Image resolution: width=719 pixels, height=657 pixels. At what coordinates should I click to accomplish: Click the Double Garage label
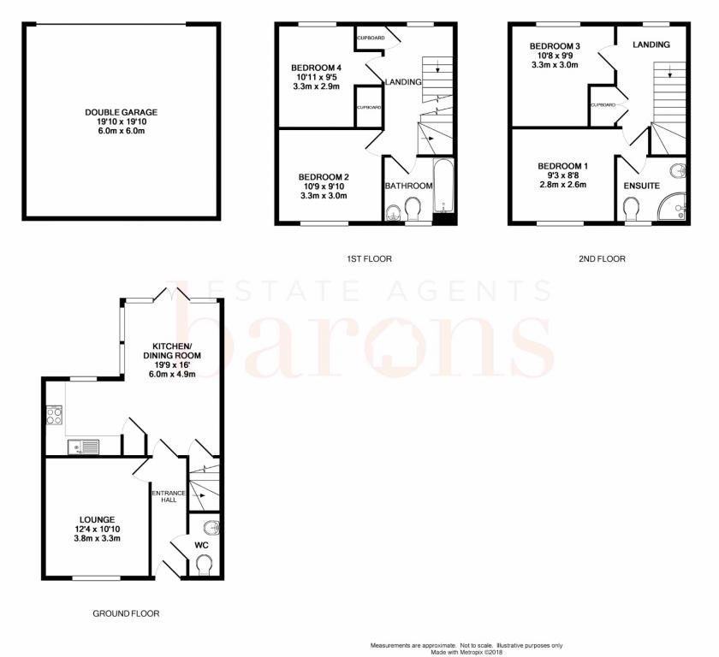coord(121,112)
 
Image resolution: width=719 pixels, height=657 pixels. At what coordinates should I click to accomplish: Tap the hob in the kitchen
coord(55,415)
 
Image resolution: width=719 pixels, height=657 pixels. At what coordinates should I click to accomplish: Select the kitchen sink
coord(84,447)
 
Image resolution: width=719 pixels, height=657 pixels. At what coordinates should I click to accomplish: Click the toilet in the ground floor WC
coord(204,565)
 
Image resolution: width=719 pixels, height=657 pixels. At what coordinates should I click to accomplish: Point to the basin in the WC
coord(211,528)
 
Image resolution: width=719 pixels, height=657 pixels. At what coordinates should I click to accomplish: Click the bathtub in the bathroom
coord(443,186)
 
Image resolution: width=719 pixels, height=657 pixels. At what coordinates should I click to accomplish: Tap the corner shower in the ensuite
coord(672,204)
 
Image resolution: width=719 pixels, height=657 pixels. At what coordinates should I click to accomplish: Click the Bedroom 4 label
coord(317,68)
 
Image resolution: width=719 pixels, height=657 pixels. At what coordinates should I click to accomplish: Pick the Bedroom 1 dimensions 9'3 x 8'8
coord(562,175)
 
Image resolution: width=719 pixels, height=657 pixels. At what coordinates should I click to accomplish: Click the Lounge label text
coord(98,519)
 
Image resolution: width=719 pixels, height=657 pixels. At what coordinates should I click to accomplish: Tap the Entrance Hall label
coord(169,496)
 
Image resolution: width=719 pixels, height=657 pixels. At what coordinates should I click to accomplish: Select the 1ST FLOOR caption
coord(369,259)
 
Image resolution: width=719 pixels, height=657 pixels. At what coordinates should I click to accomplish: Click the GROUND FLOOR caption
coord(126,613)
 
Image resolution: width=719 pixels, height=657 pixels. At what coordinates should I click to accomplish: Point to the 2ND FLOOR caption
coord(602,259)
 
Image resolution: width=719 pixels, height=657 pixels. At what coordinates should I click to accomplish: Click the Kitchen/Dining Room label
coord(172,351)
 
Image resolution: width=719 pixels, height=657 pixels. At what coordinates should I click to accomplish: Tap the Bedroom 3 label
coord(555,46)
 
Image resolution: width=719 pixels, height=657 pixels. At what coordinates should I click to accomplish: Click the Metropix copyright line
coord(466,652)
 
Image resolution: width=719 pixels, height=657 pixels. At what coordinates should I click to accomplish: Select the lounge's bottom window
coord(96,578)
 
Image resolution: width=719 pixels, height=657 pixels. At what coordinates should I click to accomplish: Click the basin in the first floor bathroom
coord(394,212)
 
